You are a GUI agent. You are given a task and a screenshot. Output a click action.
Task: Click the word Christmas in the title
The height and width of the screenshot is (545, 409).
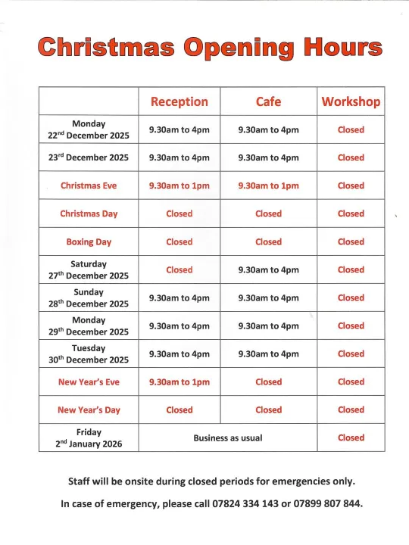pyautogui.click(x=105, y=48)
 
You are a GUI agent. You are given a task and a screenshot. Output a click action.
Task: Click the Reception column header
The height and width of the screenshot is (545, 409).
pyautogui.click(x=180, y=101)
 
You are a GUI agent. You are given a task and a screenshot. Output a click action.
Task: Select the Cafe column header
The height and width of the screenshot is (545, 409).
pyautogui.click(x=268, y=101)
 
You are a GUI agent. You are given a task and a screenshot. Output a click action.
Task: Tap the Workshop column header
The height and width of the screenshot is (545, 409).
pyautogui.click(x=351, y=101)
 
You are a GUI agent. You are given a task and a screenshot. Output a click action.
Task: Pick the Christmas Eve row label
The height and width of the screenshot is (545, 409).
pyautogui.click(x=89, y=185)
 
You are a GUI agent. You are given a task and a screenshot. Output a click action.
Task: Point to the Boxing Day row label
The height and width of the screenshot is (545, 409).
pyautogui.click(x=89, y=242)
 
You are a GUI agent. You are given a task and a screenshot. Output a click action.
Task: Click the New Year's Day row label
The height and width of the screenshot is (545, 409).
pyautogui.click(x=89, y=410)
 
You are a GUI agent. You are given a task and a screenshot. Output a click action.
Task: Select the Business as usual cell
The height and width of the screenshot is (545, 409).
pyautogui.click(x=228, y=438)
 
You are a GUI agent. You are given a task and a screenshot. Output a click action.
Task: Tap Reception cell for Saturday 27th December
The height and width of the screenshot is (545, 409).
pyautogui.click(x=180, y=270)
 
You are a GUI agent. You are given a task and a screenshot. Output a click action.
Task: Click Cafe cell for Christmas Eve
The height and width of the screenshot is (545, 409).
pyautogui.click(x=268, y=185)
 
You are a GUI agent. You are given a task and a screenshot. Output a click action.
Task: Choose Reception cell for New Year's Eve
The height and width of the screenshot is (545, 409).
pyautogui.click(x=180, y=382)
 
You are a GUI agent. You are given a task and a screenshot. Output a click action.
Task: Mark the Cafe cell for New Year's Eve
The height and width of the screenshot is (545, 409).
pyautogui.click(x=268, y=382)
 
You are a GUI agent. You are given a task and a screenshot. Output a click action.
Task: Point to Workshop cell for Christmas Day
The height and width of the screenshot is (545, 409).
pyautogui.click(x=351, y=214)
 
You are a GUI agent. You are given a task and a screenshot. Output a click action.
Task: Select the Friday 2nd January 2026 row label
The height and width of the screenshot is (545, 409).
pyautogui.click(x=89, y=438)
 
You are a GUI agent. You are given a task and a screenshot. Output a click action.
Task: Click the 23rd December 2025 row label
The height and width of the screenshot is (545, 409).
pyautogui.click(x=89, y=158)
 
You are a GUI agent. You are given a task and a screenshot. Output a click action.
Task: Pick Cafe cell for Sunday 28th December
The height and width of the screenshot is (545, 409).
pyautogui.click(x=268, y=298)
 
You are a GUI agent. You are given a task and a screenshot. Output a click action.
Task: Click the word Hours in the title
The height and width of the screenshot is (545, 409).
pyautogui.click(x=341, y=48)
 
